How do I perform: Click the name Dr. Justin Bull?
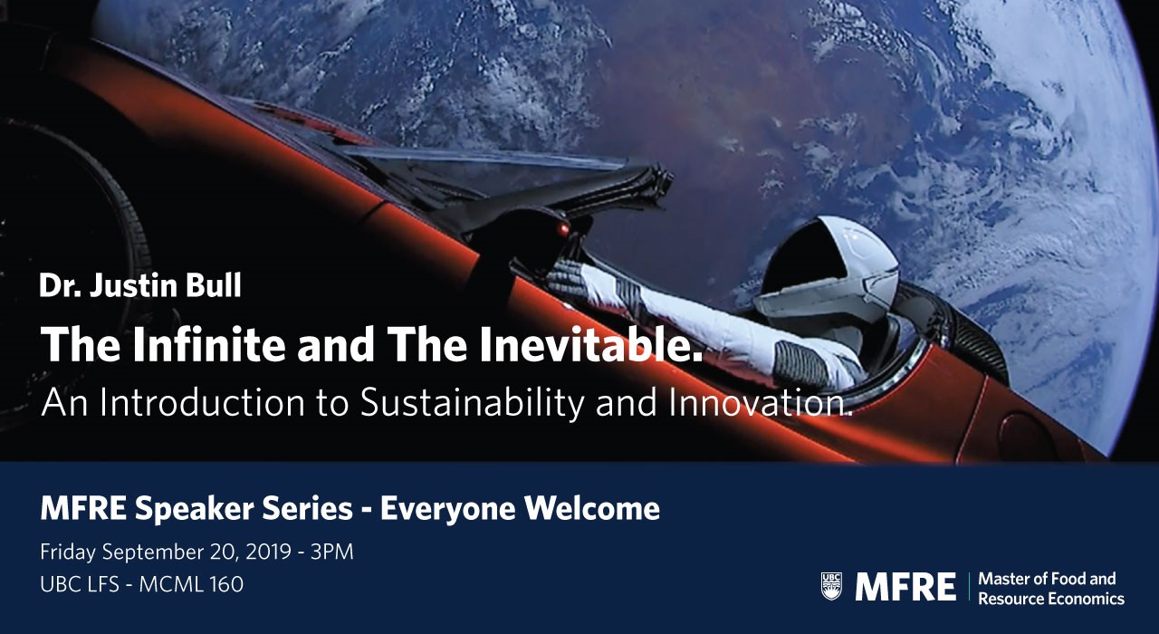click(x=140, y=285)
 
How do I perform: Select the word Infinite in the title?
click(x=208, y=344)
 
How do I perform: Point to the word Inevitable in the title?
click(x=590, y=344)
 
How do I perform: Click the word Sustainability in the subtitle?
click(x=472, y=403)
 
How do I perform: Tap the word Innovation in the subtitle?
click(x=760, y=403)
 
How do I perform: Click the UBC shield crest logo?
click(x=831, y=586)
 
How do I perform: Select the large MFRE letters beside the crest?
click(x=905, y=586)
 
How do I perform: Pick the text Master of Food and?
click(x=1047, y=579)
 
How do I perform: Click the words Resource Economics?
click(x=1051, y=599)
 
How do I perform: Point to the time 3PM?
click(x=332, y=552)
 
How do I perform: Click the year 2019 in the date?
click(x=269, y=552)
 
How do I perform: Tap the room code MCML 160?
click(x=191, y=584)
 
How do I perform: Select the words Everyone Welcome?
click(x=520, y=509)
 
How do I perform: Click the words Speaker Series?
click(x=244, y=509)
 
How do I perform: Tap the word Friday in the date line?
click(x=68, y=552)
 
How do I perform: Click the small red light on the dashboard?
click(x=562, y=228)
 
